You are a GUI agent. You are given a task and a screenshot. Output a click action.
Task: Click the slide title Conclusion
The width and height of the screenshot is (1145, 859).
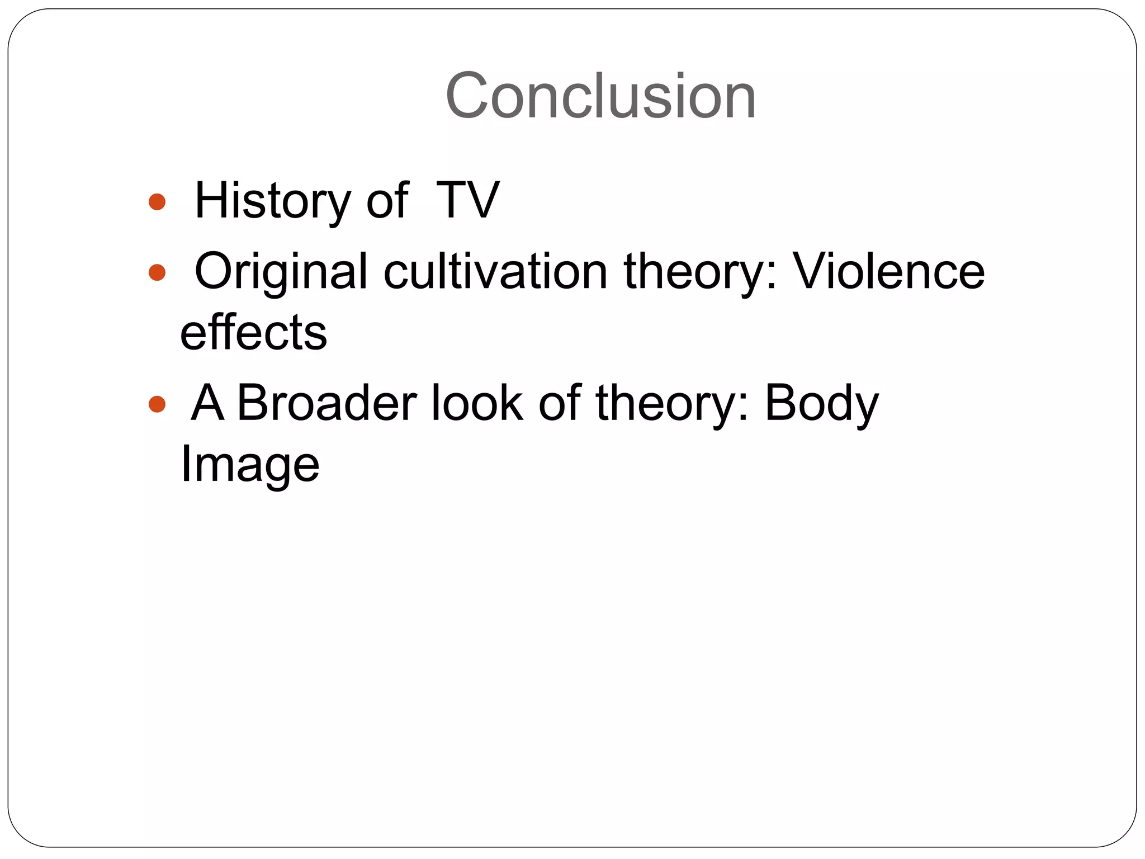pyautogui.click(x=600, y=96)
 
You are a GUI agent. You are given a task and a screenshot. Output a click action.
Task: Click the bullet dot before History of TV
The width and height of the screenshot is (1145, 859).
pyautogui.click(x=157, y=202)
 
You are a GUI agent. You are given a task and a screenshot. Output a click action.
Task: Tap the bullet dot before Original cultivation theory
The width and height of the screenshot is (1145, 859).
pyautogui.click(x=157, y=272)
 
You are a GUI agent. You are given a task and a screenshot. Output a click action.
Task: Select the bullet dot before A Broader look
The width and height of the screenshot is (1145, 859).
pyautogui.click(x=157, y=404)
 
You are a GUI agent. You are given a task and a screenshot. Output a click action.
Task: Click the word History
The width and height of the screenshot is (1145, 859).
pyautogui.click(x=272, y=201)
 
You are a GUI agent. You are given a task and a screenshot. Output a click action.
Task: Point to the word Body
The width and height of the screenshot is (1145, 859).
pyautogui.click(x=821, y=404)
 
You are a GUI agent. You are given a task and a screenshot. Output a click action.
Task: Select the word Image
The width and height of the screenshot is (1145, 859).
pyautogui.click(x=249, y=464)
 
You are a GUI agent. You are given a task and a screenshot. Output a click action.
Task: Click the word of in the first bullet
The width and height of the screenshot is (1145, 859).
pyautogui.click(x=387, y=201)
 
